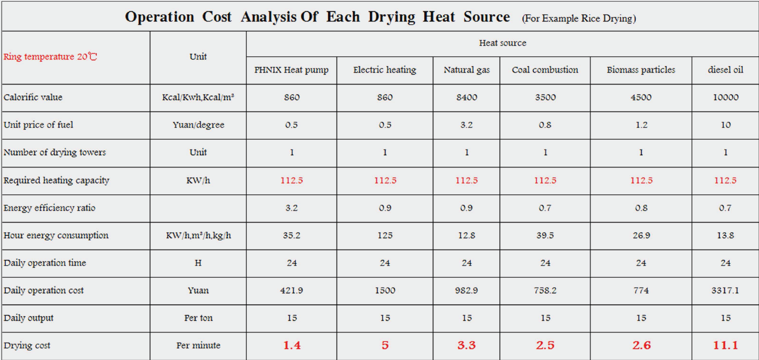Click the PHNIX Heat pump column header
(x=292, y=70)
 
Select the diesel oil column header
(x=725, y=70)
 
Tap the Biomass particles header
(x=641, y=70)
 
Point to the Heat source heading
(x=502, y=43)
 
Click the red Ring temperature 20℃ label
(x=51, y=57)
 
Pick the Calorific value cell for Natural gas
(x=467, y=97)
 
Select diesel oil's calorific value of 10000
(x=725, y=97)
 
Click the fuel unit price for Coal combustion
(x=545, y=125)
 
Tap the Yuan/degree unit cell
(x=199, y=125)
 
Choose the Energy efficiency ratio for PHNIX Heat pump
(x=292, y=208)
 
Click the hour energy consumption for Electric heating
(x=385, y=235)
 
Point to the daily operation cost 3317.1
(x=725, y=290)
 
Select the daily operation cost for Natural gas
(x=467, y=290)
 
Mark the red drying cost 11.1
(x=725, y=346)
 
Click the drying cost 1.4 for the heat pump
(x=292, y=346)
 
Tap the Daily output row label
(x=29, y=318)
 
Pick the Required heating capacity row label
(x=56, y=180)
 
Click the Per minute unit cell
(x=199, y=346)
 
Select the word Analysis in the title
(x=268, y=17)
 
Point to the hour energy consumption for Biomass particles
(x=641, y=235)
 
